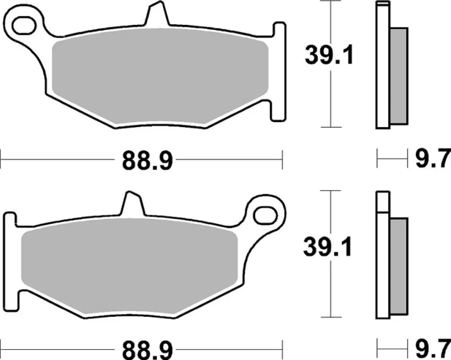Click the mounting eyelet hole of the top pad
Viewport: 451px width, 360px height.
[x=24, y=24]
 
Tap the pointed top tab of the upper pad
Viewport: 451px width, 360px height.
[x=157, y=14]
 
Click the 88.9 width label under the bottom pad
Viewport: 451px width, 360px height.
[x=147, y=349]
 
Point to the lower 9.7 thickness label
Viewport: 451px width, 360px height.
[x=433, y=349]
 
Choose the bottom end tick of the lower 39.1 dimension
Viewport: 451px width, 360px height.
[x=330, y=317]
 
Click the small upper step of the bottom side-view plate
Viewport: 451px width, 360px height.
[x=383, y=202]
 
